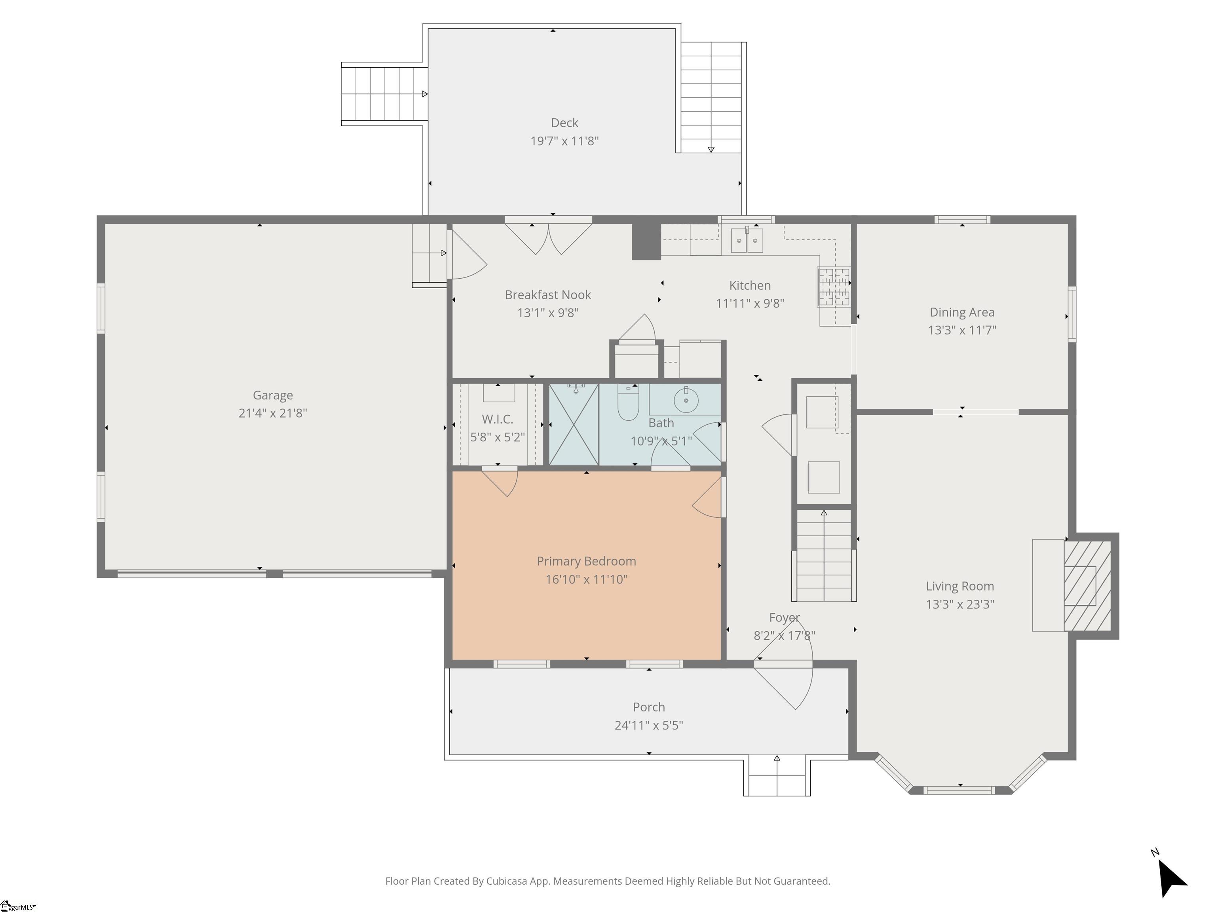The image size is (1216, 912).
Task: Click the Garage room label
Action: pyautogui.click(x=273, y=395)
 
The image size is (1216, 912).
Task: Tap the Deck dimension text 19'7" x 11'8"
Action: pyautogui.click(x=564, y=141)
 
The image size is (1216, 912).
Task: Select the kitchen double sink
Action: pyautogui.click(x=747, y=240)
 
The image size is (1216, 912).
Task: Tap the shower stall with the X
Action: pyautogui.click(x=574, y=424)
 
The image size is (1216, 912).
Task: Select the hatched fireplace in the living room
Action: pyautogui.click(x=1087, y=586)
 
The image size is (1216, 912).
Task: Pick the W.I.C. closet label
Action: pyautogui.click(x=498, y=420)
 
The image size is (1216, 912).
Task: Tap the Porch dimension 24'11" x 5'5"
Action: pyautogui.click(x=649, y=725)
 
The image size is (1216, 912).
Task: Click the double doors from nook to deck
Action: pyautogui.click(x=549, y=236)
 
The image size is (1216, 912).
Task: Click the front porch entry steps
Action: pyautogui.click(x=777, y=776)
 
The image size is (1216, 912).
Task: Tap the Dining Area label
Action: pyautogui.click(x=962, y=312)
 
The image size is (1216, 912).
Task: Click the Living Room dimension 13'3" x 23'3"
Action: pyautogui.click(x=960, y=604)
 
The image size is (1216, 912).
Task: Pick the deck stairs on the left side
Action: pyautogui.click(x=384, y=94)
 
